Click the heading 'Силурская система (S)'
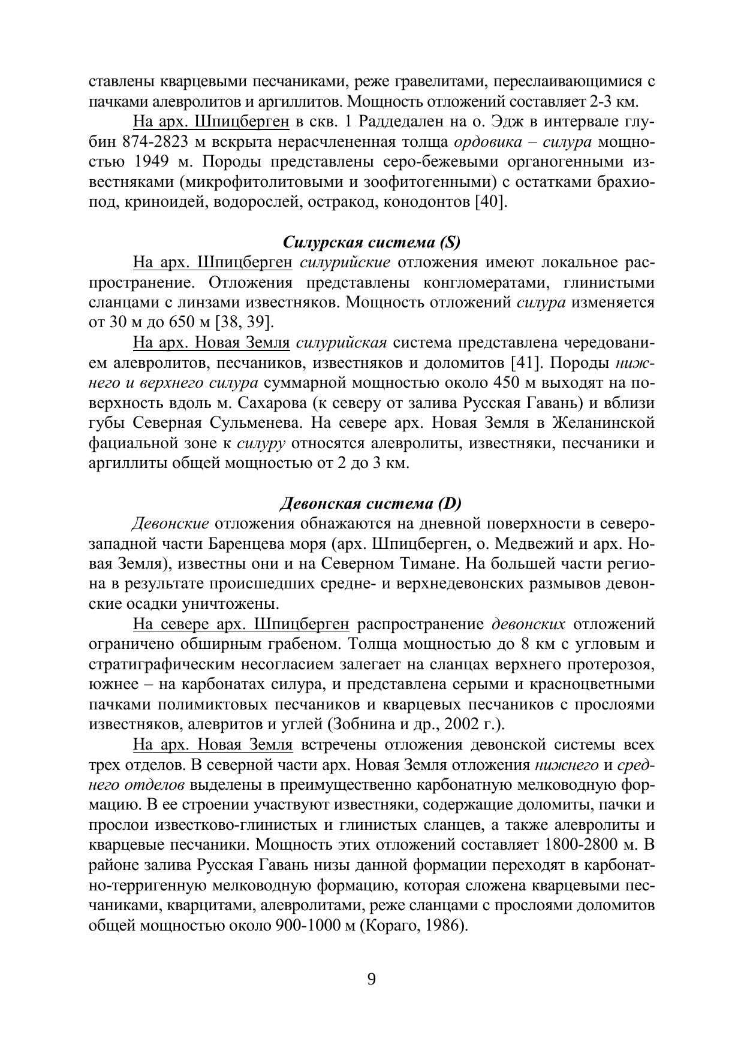point(371,243)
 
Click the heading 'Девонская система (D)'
point(371,503)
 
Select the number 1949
point(146,162)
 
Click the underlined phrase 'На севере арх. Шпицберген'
point(241,624)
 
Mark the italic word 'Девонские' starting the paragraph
point(170,524)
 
